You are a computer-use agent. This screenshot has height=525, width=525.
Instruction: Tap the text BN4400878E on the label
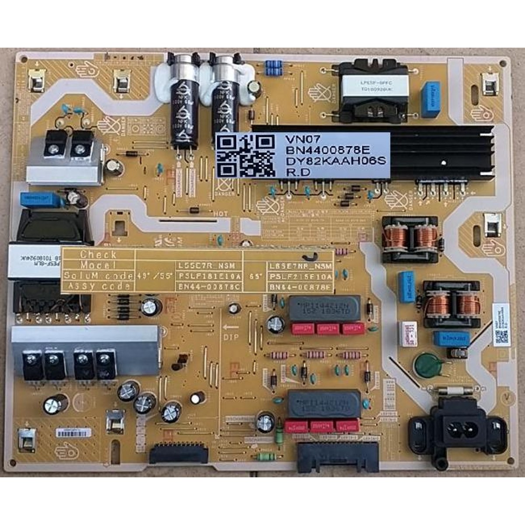(321, 150)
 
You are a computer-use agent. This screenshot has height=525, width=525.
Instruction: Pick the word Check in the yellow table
(98, 255)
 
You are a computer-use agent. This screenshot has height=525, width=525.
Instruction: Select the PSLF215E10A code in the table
(301, 276)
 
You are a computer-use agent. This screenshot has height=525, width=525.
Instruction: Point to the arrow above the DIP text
(231, 327)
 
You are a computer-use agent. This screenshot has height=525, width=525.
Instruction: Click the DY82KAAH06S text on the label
(336, 161)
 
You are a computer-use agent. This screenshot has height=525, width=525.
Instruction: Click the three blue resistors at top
(273, 68)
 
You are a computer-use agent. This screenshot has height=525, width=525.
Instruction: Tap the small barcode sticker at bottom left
(74, 433)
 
